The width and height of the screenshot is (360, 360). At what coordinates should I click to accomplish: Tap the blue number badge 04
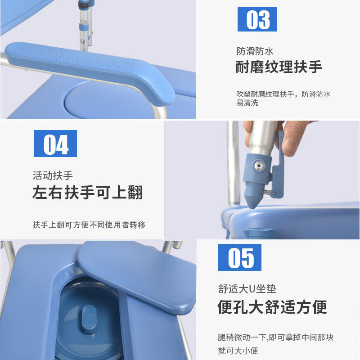tap(55, 144)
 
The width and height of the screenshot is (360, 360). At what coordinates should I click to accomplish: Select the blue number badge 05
tap(239, 257)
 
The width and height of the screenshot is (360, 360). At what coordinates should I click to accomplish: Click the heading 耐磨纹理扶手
tap(279, 67)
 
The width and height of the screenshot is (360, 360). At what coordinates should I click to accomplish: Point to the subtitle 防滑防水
tap(255, 51)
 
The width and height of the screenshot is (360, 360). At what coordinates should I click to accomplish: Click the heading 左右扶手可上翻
tap(87, 192)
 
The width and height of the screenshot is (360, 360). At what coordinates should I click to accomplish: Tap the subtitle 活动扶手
tap(53, 175)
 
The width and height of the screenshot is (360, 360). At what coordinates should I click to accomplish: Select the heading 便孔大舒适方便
tap(272, 307)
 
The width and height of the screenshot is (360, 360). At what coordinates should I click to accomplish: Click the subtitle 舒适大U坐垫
tap(247, 289)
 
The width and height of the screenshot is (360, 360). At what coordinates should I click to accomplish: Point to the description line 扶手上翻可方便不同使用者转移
tap(89, 225)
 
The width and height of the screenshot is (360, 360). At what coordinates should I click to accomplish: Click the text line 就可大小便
tap(238, 351)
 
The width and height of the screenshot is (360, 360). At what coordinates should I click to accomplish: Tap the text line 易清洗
tap(247, 103)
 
